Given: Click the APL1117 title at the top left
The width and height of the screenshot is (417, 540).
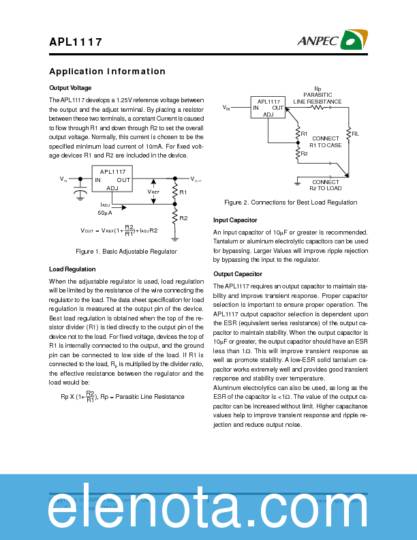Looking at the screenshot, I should coord(76,42).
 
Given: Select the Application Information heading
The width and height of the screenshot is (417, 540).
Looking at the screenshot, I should coord(107,72).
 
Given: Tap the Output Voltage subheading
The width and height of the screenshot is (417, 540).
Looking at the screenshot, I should coord(70,88).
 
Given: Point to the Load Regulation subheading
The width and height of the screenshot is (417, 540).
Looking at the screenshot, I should coord(72,269).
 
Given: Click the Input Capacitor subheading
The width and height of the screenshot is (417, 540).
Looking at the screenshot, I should coord(235,220).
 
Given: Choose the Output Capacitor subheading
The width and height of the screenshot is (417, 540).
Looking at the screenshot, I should coord(238,274).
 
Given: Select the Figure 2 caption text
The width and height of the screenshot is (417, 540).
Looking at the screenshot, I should coord(290,202).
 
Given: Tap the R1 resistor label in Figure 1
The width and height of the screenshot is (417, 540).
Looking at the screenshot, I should coord(183,192).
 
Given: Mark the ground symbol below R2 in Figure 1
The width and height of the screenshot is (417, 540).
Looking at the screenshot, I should coord(175,239).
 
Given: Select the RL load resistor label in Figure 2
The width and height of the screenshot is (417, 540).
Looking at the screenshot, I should coord(355,134).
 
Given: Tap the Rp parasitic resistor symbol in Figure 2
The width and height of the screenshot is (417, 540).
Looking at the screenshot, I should coord(317,107).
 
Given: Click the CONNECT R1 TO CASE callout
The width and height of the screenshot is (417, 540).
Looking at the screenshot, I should coord(325,142).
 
